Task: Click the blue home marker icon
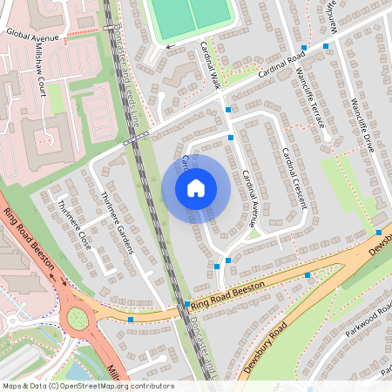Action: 196,187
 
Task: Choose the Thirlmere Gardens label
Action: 118,222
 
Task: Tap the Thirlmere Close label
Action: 73,226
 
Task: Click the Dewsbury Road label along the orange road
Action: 266,347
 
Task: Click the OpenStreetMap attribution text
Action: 87,386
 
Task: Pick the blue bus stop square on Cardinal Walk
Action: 228,110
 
